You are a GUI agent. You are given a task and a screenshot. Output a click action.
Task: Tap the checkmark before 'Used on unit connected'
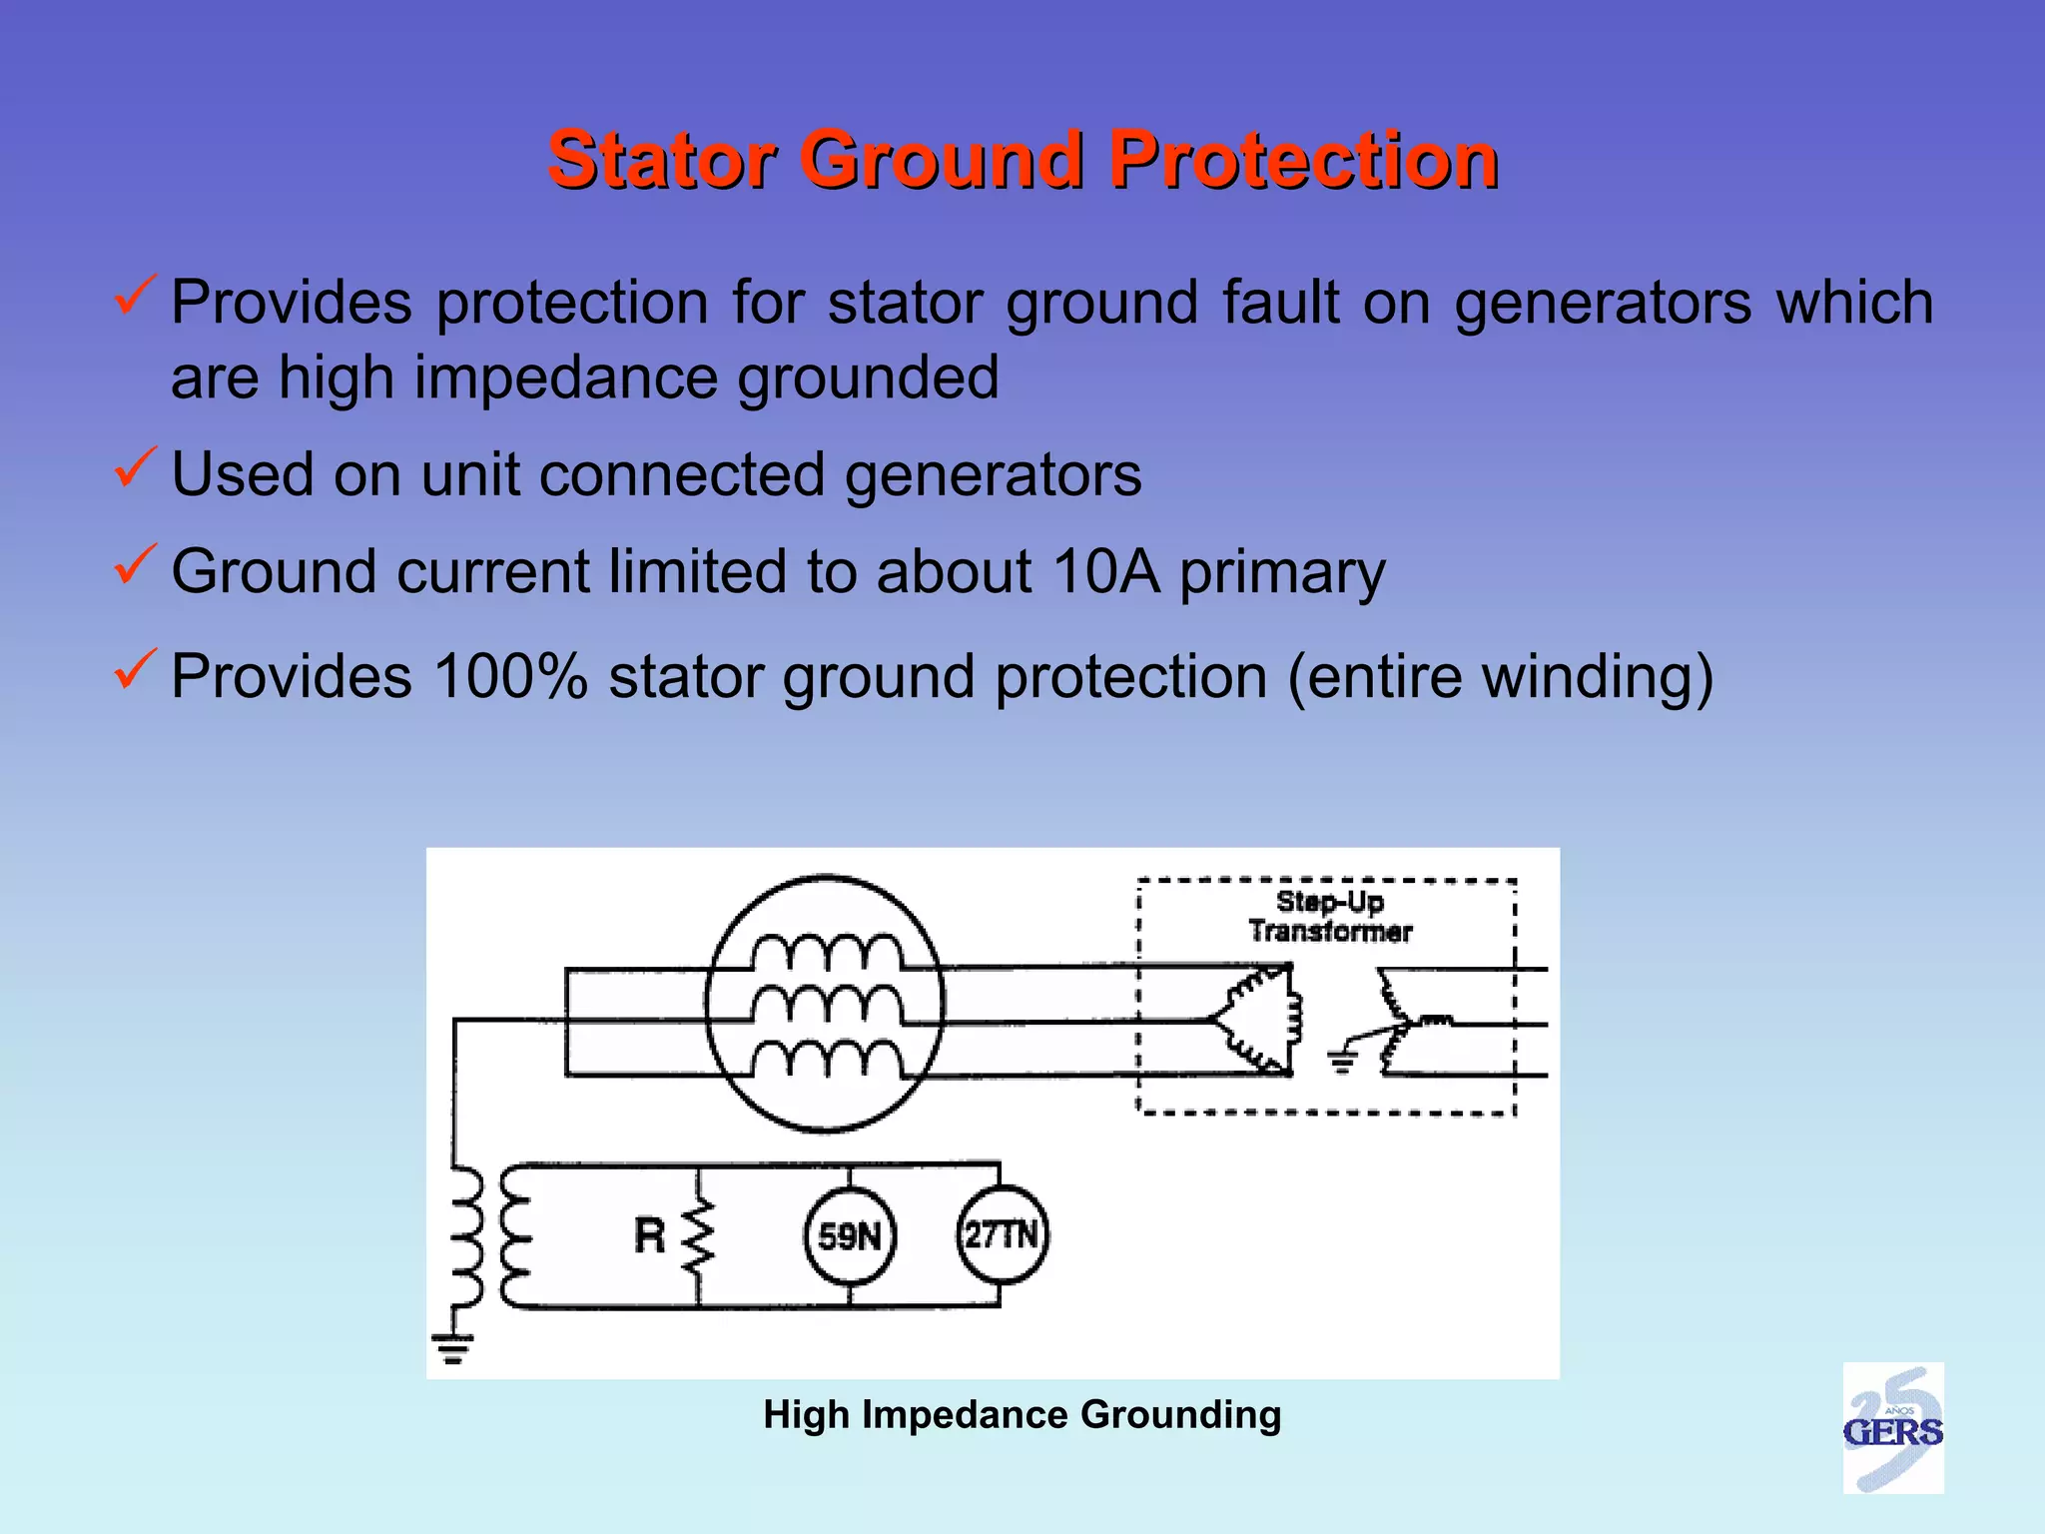click(134, 467)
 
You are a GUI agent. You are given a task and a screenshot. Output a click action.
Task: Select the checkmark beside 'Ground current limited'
click(134, 564)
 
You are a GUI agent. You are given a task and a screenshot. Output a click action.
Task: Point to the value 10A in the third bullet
click(1105, 572)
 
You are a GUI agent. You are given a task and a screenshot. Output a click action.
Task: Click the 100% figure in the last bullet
click(509, 677)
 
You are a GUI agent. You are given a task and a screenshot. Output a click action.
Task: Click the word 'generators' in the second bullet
click(993, 475)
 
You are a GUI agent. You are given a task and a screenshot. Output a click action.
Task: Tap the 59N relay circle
click(850, 1236)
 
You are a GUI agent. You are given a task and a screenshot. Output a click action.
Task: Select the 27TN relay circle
click(1002, 1235)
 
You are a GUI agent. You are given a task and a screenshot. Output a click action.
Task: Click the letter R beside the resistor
click(649, 1236)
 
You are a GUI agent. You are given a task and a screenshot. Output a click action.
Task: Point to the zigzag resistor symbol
click(698, 1236)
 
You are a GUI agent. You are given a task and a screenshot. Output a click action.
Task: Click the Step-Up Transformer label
click(1329, 917)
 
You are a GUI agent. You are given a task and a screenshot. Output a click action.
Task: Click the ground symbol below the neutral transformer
click(453, 1348)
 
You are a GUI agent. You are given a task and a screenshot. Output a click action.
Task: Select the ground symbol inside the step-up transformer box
click(1343, 1061)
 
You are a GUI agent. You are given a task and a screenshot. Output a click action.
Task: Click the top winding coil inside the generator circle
click(827, 953)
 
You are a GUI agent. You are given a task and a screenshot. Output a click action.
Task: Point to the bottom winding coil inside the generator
click(827, 1059)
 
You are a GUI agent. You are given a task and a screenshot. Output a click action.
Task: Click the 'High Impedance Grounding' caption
click(1022, 1415)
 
